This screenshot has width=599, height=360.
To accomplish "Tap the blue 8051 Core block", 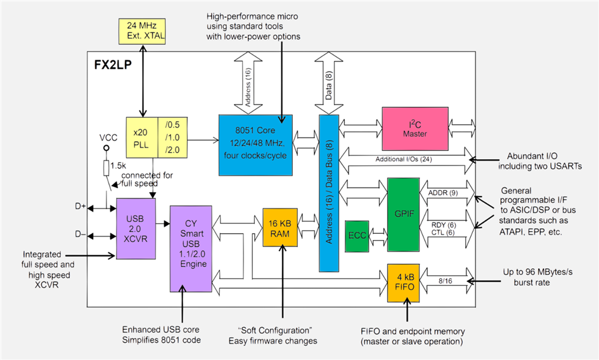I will click(255, 145).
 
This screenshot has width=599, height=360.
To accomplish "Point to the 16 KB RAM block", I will click(280, 228).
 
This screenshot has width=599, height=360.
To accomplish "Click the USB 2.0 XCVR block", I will click(136, 228).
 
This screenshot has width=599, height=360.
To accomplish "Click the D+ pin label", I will click(81, 207).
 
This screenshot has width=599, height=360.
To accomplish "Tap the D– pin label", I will click(81, 235).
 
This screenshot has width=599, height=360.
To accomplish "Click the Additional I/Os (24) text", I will click(404, 159).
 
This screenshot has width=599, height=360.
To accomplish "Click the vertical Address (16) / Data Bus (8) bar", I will click(329, 193).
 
